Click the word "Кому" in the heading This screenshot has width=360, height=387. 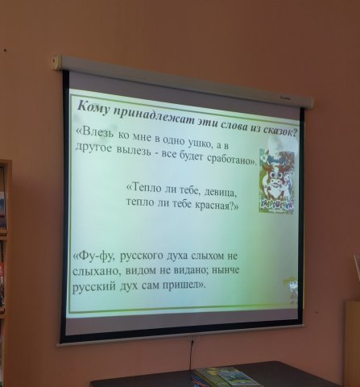point(93,109)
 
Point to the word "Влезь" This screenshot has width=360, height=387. point(97,132)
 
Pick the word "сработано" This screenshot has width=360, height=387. point(232,160)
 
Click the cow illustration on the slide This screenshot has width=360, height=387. point(277,181)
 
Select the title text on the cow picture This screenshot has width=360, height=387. point(276,206)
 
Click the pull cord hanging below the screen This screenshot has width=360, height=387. point(191,356)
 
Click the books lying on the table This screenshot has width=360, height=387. point(226,377)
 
